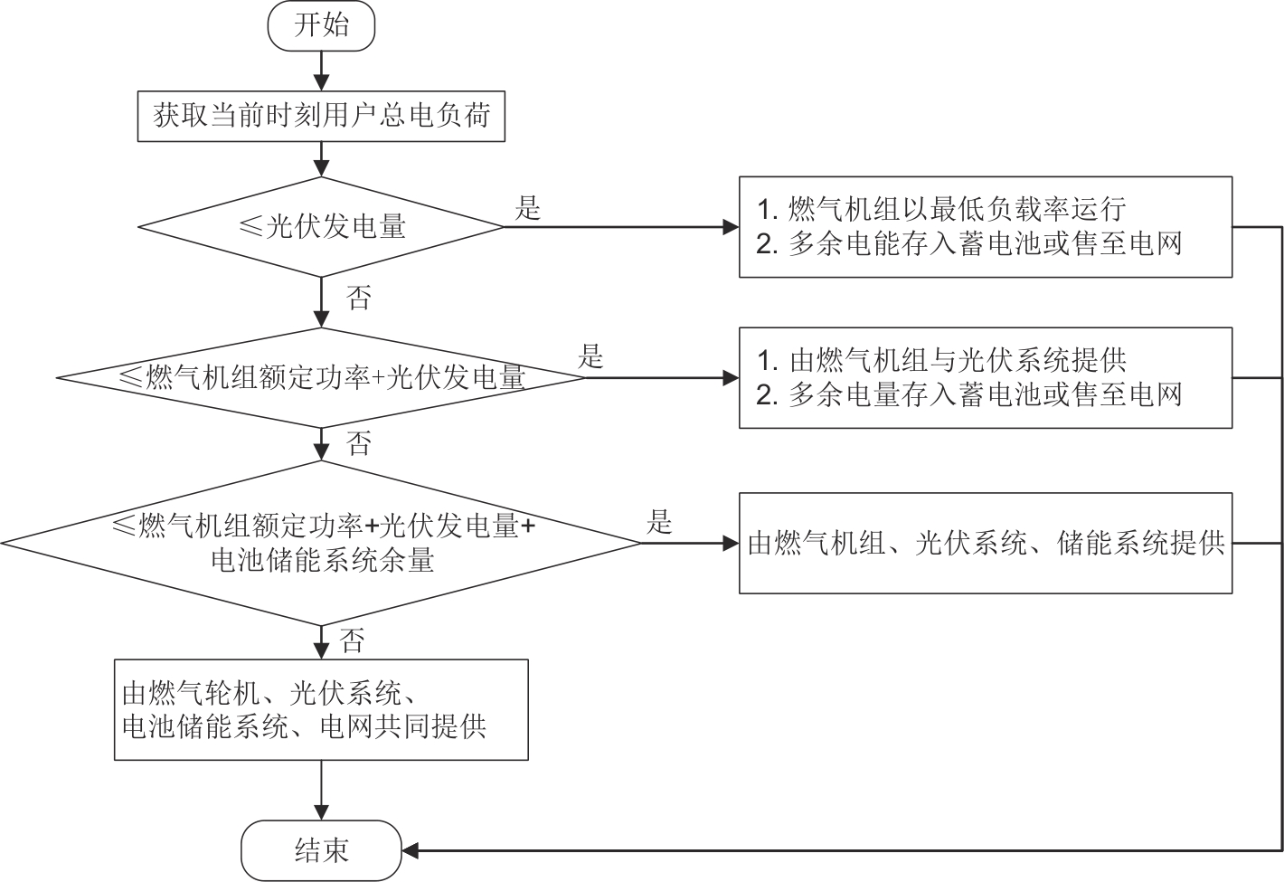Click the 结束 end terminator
[321, 850]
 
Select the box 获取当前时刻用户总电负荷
[321, 116]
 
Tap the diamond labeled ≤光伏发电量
[321, 226]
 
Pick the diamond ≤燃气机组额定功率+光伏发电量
[321, 376]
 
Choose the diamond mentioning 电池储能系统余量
[321, 543]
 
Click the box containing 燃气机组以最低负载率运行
[986, 226]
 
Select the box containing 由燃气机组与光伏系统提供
[986, 377]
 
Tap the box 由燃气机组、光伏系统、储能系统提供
[986, 543]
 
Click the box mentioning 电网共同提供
[321, 710]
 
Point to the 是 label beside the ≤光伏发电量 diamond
[528, 208]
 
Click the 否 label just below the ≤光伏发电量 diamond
[359, 298]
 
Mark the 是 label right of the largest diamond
[660, 522]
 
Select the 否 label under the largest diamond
[353, 641]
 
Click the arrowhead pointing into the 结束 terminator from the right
[410, 850]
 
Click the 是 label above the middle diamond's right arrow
[590, 356]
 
